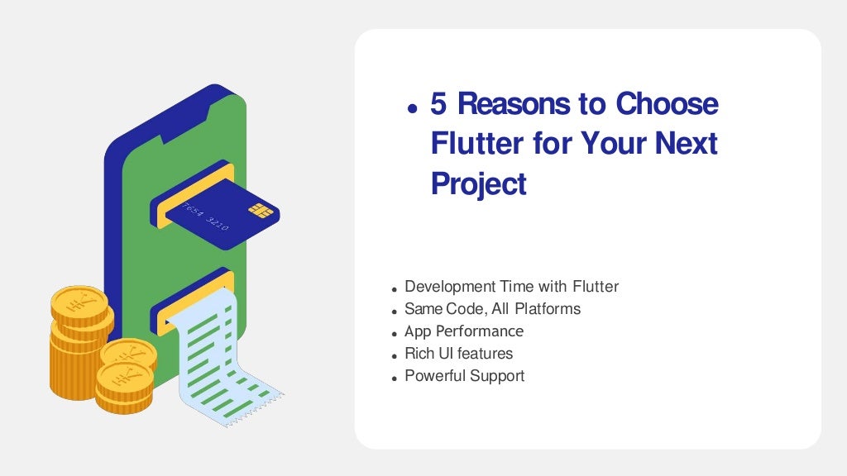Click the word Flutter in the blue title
tap(476, 144)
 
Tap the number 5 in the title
tap(439, 104)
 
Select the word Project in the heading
tap(478, 184)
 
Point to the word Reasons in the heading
tap(514, 104)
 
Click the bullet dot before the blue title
tap(411, 108)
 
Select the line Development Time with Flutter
tap(511, 287)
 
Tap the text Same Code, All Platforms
tap(492, 309)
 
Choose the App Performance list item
tap(463, 331)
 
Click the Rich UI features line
tap(458, 354)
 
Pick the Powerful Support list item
tap(464, 376)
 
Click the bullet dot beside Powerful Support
tap(395, 378)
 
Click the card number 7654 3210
tap(206, 216)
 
